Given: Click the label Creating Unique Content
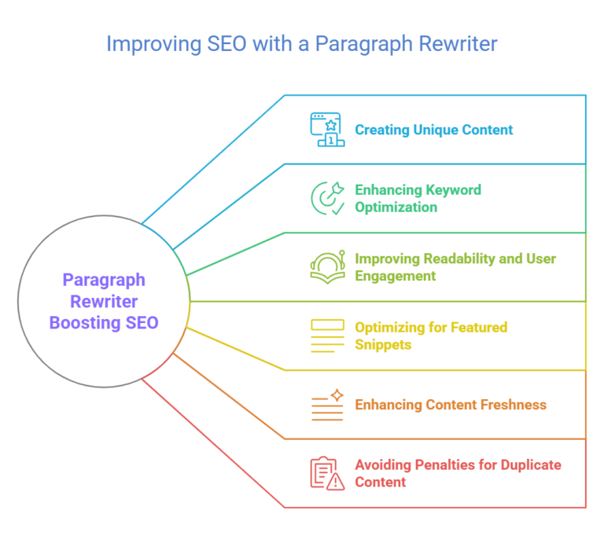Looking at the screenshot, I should (x=433, y=130).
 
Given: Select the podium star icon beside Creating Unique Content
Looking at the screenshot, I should (x=326, y=130).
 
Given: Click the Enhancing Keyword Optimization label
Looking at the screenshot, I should (x=418, y=198).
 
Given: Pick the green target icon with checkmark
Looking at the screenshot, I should (x=326, y=198).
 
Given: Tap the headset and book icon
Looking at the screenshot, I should (x=326, y=267).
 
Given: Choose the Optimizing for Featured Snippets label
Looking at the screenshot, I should (x=431, y=336).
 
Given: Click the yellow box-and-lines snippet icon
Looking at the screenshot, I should (x=326, y=336).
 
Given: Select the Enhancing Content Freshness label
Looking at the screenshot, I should (x=451, y=405).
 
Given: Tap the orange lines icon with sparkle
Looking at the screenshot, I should (x=326, y=405).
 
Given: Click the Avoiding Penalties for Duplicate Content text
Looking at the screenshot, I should (x=458, y=473).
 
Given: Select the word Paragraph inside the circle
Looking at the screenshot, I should (x=104, y=280).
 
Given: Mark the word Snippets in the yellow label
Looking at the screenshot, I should (x=383, y=344).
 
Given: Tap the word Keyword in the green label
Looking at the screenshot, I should (x=453, y=189).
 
